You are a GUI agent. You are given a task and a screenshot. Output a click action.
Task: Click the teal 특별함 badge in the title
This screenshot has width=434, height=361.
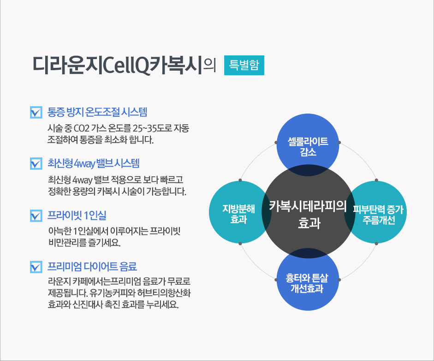click(x=244, y=65)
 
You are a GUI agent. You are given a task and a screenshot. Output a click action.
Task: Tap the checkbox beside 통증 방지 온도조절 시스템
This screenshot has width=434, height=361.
click(x=36, y=113)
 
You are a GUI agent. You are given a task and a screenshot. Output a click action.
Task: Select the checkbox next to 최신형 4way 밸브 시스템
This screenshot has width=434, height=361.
click(x=36, y=163)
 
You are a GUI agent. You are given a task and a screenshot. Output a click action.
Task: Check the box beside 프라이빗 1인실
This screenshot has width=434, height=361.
click(x=36, y=216)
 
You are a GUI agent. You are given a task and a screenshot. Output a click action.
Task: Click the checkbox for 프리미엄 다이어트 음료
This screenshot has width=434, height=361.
click(x=36, y=267)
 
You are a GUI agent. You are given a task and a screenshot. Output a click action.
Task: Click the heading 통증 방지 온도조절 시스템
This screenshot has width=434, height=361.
click(x=97, y=112)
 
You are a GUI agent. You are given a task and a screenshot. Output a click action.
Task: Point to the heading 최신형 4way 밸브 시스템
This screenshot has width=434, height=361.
click(x=94, y=163)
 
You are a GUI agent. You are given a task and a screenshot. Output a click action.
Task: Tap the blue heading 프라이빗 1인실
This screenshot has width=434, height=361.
click(x=77, y=215)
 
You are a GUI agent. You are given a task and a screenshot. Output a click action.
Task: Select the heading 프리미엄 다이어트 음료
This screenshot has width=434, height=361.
click(x=92, y=266)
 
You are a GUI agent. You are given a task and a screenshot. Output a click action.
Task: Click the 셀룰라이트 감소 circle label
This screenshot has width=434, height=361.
click(x=308, y=146)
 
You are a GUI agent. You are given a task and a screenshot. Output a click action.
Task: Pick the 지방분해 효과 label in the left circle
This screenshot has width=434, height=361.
click(x=238, y=214)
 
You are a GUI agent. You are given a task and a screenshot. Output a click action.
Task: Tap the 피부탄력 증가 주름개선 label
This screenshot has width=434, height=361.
click(x=378, y=215)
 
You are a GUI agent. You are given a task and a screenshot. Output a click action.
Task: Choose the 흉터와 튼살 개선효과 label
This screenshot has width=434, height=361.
click(x=307, y=283)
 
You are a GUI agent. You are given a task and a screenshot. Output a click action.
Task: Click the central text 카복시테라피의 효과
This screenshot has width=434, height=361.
click(x=308, y=214)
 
